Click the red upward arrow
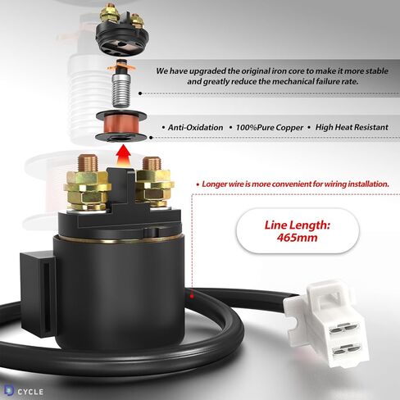click(x=123, y=151)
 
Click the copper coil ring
click(x=123, y=126)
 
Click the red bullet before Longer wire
click(x=197, y=185)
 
